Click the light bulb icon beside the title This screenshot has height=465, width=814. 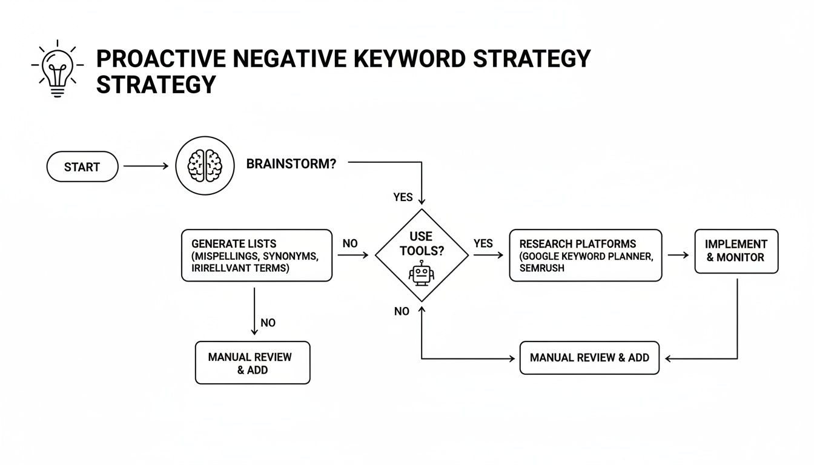(x=56, y=69)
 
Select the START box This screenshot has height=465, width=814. (x=82, y=167)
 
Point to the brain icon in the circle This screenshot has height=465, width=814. (x=205, y=165)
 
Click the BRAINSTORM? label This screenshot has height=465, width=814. (x=291, y=164)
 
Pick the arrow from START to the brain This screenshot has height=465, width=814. (x=146, y=166)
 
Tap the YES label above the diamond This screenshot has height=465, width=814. (x=403, y=197)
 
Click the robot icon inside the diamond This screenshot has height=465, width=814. (x=422, y=273)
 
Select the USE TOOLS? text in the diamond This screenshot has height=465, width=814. (x=422, y=243)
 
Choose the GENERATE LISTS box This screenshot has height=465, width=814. (x=257, y=256)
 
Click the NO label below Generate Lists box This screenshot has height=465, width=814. (x=268, y=323)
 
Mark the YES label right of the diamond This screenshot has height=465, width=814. (x=483, y=243)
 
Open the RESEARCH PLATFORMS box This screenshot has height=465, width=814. (x=585, y=256)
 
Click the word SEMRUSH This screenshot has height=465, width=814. (x=541, y=268)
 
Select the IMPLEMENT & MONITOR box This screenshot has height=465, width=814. (x=736, y=251)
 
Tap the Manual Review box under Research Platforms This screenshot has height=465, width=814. (x=589, y=358)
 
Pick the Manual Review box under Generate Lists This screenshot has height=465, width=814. (x=253, y=363)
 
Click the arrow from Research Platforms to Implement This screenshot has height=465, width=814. (x=678, y=255)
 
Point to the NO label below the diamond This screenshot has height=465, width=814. (x=402, y=311)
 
